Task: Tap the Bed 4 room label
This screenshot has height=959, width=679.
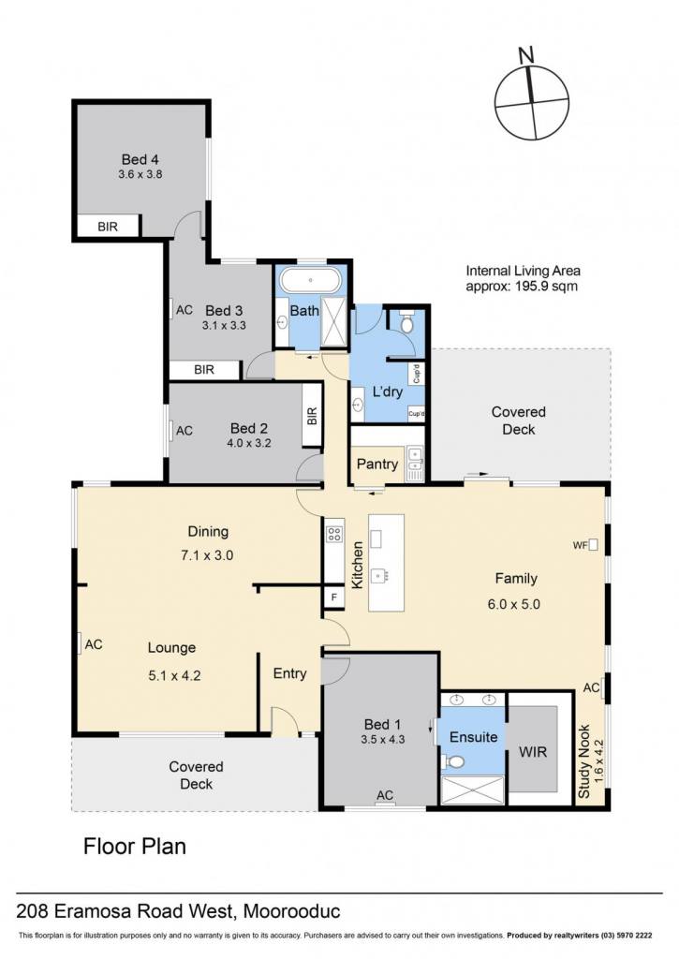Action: (x=140, y=159)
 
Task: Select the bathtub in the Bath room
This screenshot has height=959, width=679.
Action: (x=310, y=281)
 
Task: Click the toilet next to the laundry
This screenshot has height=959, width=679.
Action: (x=406, y=322)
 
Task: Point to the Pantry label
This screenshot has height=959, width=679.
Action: (x=376, y=465)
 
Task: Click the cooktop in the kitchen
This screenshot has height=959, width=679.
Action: (x=334, y=533)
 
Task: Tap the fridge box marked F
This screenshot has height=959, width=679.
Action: (x=334, y=597)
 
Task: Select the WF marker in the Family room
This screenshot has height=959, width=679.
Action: (x=584, y=545)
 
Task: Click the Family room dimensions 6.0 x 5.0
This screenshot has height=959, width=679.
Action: (x=514, y=604)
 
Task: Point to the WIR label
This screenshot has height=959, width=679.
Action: (x=533, y=752)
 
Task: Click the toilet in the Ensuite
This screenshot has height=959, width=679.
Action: (x=452, y=762)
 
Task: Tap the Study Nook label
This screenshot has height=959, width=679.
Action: (x=584, y=761)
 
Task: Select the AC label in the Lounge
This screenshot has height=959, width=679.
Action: (x=94, y=644)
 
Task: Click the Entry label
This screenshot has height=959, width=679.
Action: (x=290, y=673)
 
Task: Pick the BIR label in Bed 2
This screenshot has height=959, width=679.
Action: (x=312, y=417)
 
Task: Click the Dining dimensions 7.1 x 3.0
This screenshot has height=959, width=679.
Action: (x=207, y=555)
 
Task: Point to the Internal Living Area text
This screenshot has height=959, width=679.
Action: (x=523, y=278)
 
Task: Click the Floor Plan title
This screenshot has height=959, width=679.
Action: (x=135, y=847)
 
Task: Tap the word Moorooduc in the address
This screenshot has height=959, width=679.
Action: (x=292, y=911)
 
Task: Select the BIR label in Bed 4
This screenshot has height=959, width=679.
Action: (x=108, y=227)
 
